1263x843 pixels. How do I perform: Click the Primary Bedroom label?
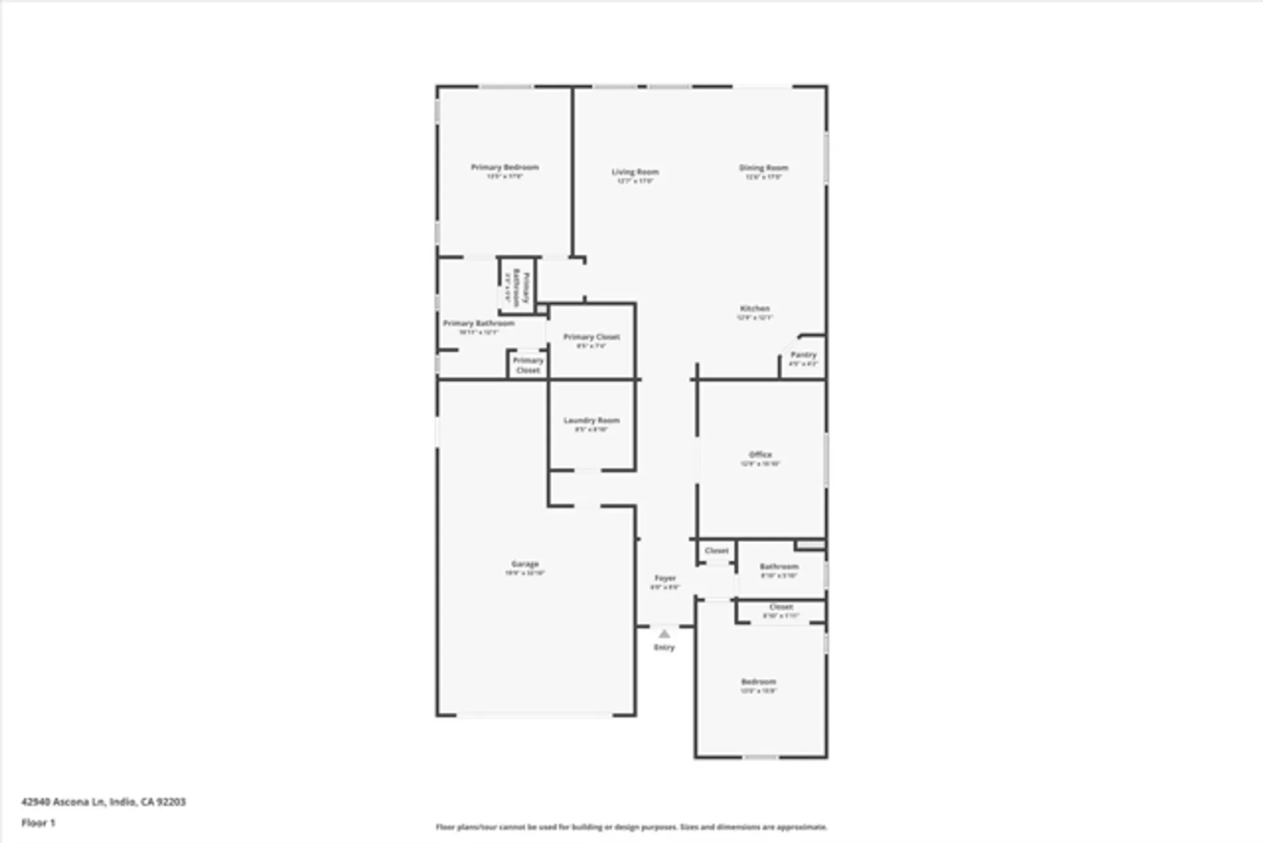tap(505, 168)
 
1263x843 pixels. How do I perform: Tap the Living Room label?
tap(635, 173)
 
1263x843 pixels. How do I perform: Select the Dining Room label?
tap(763, 169)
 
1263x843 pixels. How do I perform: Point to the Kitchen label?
tap(755, 309)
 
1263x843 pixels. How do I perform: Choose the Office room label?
tap(760, 455)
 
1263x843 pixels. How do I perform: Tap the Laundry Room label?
tap(591, 421)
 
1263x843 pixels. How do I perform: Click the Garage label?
tap(525, 564)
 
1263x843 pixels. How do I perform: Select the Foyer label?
tap(665, 579)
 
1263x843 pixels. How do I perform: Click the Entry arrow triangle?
tap(664, 634)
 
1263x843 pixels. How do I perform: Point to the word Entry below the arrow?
tap(664, 648)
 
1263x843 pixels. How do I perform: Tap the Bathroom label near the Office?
tap(779, 567)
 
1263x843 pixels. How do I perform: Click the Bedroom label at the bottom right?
tap(758, 682)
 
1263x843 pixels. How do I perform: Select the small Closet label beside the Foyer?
tap(717, 551)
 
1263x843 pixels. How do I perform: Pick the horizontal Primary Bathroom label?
tap(478, 324)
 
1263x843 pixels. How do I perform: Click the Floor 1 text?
tap(39, 823)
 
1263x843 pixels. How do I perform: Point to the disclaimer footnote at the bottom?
tap(631, 827)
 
